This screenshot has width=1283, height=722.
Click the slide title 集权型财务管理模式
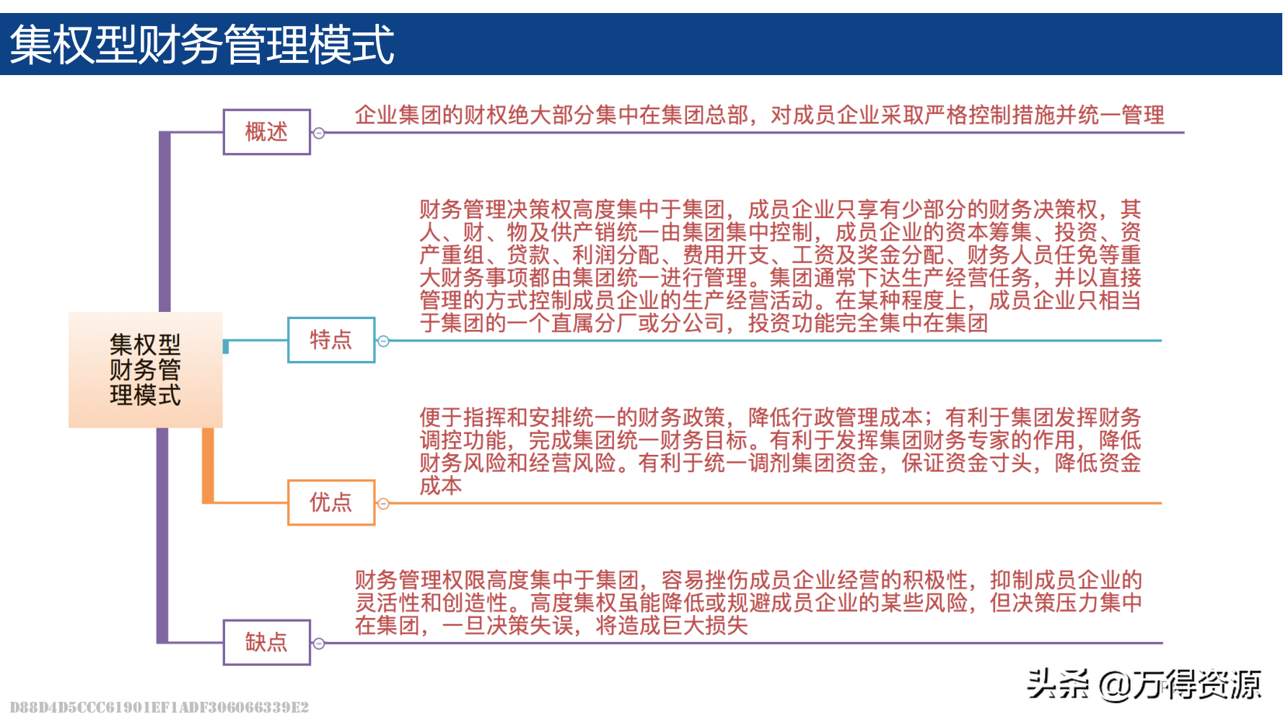coord(202,45)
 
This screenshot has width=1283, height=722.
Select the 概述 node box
coord(266,132)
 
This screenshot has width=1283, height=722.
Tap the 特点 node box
coord(331,340)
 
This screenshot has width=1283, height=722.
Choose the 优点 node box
coord(331,503)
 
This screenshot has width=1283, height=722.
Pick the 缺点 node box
coord(266,643)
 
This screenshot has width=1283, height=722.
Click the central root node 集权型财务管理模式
coord(145,370)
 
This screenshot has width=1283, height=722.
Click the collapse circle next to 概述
coord(319,133)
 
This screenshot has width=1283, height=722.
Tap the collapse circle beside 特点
coord(384,341)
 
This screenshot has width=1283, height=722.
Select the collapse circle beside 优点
coord(384,503)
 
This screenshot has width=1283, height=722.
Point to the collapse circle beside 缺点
coord(319,643)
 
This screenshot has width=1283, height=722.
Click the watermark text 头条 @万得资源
coord(1144,684)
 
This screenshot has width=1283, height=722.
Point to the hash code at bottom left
coord(159,708)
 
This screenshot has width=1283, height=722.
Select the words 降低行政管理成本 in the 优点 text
coord(836,417)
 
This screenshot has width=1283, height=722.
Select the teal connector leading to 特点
coord(256,340)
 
